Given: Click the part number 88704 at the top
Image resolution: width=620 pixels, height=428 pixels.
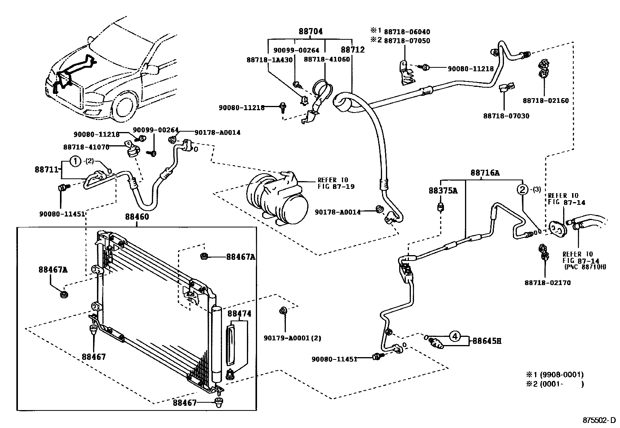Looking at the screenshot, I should point(311,32).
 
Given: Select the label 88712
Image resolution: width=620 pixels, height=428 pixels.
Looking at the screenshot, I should point(352,50).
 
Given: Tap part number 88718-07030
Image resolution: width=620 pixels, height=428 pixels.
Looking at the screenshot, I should point(506,116).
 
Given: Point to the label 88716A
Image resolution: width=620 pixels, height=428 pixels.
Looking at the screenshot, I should point(484,173).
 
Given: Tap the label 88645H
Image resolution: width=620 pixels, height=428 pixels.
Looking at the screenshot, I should point(486,341).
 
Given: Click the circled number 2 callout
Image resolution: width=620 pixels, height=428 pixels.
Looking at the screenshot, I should point(522,190).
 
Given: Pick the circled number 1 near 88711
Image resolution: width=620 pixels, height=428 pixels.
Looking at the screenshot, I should point(76,161).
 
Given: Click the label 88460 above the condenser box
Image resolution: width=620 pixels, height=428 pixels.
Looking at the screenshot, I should point(137,217).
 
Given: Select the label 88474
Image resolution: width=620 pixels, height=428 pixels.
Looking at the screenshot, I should point(239,313).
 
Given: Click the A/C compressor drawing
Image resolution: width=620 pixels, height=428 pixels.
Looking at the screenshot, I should point(277,199).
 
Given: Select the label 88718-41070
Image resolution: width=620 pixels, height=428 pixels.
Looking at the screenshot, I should point(86,147).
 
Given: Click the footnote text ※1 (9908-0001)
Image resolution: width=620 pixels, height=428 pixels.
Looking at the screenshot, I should point(555,375).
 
